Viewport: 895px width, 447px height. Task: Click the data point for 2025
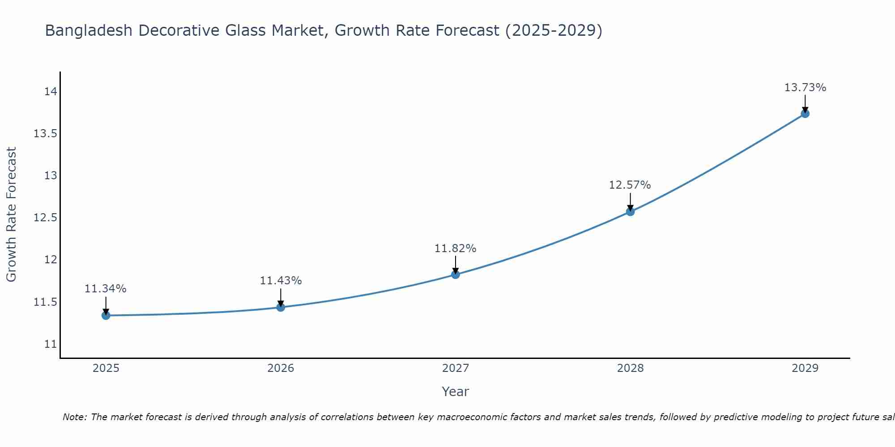click(x=106, y=316)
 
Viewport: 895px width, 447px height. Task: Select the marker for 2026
click(x=281, y=307)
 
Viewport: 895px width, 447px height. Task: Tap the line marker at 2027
click(x=456, y=274)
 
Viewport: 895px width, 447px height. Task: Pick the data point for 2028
click(x=630, y=211)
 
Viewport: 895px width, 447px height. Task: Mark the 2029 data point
click(x=805, y=114)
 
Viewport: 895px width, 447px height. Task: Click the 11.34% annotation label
click(x=106, y=289)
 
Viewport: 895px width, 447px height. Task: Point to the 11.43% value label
click(x=281, y=281)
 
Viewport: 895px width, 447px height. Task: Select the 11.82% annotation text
click(x=456, y=248)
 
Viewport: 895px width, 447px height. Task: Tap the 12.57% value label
click(x=630, y=185)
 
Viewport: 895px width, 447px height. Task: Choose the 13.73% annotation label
click(x=805, y=88)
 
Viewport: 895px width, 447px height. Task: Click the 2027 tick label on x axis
click(x=456, y=368)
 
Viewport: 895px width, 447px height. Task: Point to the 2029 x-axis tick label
click(x=805, y=368)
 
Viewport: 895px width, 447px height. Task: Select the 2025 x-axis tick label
click(x=106, y=368)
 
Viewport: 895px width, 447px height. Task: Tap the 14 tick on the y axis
click(x=51, y=92)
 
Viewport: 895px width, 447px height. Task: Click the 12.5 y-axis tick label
click(x=46, y=218)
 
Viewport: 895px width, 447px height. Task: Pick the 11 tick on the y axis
click(x=51, y=344)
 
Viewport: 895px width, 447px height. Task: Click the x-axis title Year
click(x=456, y=392)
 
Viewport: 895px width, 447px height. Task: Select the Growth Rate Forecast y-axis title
click(x=12, y=215)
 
